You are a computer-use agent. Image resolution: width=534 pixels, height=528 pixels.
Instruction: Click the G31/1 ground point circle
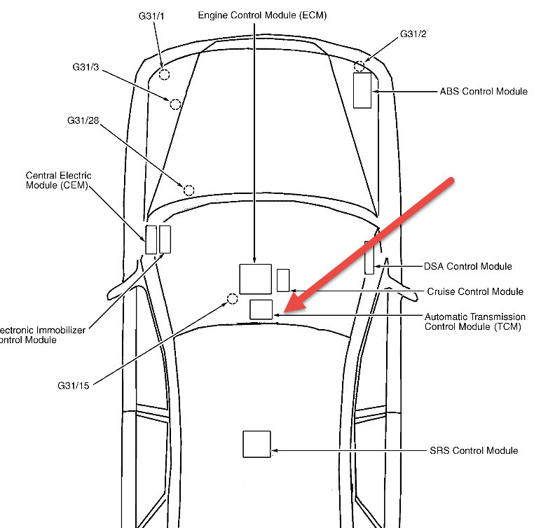164,74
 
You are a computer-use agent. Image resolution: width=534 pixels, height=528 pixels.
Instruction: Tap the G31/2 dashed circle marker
360,67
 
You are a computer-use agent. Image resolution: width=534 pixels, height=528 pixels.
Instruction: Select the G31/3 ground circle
175,104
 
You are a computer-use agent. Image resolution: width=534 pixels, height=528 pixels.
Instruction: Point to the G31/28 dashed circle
189,190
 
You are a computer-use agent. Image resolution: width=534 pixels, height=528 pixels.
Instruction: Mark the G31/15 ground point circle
232,300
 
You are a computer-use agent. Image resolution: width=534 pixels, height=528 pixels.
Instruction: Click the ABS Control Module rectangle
362,90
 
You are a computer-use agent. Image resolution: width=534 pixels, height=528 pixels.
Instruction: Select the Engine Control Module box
255,279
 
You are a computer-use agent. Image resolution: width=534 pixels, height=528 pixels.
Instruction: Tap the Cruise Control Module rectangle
283,279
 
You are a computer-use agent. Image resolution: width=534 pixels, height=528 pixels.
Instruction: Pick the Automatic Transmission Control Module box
261,309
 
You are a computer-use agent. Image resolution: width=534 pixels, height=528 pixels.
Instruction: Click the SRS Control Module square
256,444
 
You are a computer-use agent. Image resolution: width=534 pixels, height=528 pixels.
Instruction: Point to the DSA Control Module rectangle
369,258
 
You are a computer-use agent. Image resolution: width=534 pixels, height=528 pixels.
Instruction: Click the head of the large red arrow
289,308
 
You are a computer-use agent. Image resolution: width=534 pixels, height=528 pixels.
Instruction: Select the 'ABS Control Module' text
484,92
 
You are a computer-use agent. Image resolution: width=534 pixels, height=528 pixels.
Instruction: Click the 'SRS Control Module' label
474,450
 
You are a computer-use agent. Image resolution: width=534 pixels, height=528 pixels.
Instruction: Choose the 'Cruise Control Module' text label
475,291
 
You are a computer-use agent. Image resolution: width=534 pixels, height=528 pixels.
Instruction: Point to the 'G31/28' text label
83,121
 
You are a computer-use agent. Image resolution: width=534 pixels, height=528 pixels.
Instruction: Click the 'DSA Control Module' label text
468,267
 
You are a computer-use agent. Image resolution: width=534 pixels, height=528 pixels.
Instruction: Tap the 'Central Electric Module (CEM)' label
59,180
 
